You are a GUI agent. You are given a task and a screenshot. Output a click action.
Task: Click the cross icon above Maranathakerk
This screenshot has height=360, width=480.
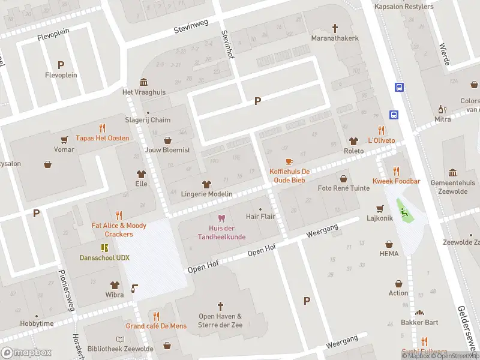(x=335, y=28)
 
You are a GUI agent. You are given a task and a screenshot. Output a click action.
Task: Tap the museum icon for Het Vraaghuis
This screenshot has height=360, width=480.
(x=144, y=82)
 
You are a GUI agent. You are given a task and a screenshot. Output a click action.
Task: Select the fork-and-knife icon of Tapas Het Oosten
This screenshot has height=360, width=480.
(x=102, y=128)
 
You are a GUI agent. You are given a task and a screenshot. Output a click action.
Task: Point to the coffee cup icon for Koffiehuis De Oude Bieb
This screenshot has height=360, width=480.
(x=289, y=161)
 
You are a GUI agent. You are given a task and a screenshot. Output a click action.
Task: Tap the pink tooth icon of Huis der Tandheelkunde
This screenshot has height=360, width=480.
(x=221, y=218)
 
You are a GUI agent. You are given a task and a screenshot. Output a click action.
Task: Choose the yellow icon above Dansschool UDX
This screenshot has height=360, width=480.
(x=104, y=247)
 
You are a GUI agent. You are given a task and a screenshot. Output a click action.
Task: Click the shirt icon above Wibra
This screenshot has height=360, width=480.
(x=114, y=284)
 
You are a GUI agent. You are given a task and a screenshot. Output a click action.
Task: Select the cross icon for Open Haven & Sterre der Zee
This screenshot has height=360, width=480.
(x=220, y=306)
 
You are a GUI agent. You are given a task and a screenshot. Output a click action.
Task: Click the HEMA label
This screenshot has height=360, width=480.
(x=389, y=254)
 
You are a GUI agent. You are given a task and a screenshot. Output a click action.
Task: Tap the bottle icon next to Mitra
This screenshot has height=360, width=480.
(x=442, y=109)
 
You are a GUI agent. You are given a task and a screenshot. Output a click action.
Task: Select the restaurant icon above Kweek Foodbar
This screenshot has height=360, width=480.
(x=396, y=171)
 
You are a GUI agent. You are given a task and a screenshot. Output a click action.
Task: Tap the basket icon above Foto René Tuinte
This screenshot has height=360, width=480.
(x=343, y=178)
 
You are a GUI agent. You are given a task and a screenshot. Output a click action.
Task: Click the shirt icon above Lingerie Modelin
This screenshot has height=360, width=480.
(x=207, y=184)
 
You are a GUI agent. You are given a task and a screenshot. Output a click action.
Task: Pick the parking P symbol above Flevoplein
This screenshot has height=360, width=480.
(x=61, y=65)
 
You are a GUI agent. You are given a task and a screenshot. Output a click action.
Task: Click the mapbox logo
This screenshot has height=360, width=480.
(x=26, y=353)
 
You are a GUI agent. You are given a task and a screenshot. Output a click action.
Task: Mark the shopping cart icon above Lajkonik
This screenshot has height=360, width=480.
(x=379, y=208)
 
